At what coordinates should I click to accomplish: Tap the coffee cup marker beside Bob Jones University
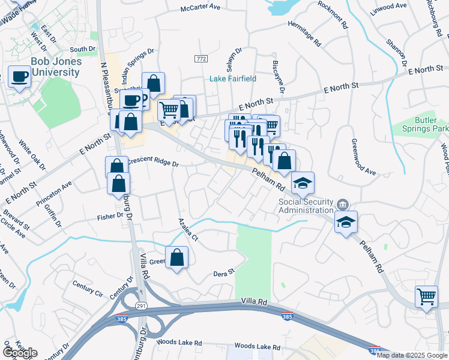pos(19,77)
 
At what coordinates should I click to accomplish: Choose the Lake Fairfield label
pos(232,79)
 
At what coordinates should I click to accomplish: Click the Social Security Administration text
pos(306,206)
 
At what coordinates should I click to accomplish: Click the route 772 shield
pos(201,58)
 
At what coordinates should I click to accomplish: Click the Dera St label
pos(223,273)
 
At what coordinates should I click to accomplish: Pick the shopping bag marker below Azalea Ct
pos(176,258)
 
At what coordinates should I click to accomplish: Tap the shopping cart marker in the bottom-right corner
pos(426,296)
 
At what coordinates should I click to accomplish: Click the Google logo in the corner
pos(19,353)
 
